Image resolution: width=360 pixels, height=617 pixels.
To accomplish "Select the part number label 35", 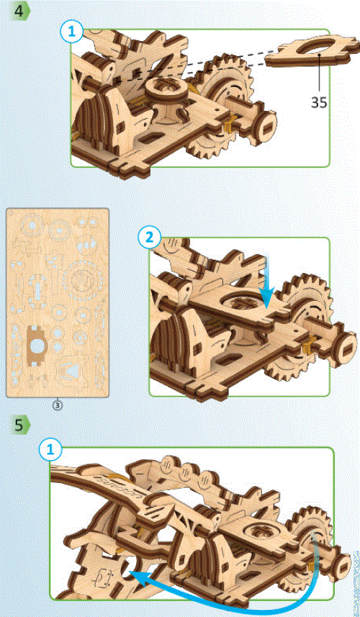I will coord(319,102).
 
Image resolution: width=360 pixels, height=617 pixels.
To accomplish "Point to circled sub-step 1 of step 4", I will coord(73,30).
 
